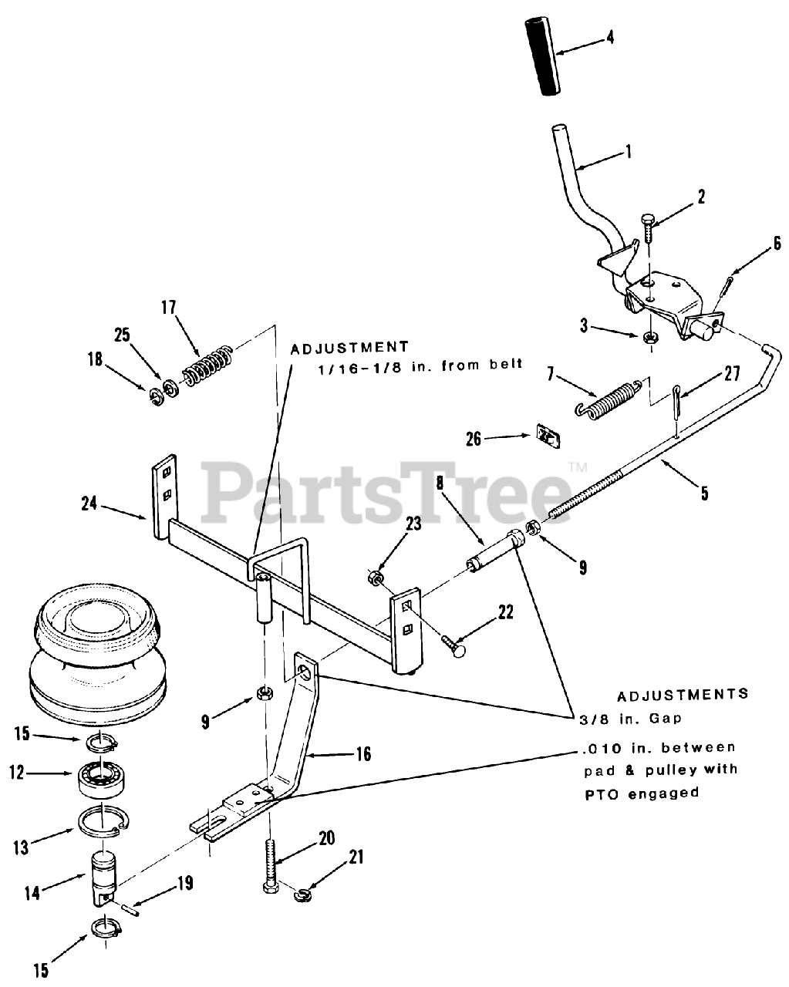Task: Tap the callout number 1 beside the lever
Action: pyautogui.click(x=628, y=152)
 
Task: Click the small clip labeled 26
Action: pyautogui.click(x=548, y=437)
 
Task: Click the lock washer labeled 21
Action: pyautogui.click(x=303, y=893)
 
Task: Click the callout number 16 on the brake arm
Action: pyautogui.click(x=362, y=754)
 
